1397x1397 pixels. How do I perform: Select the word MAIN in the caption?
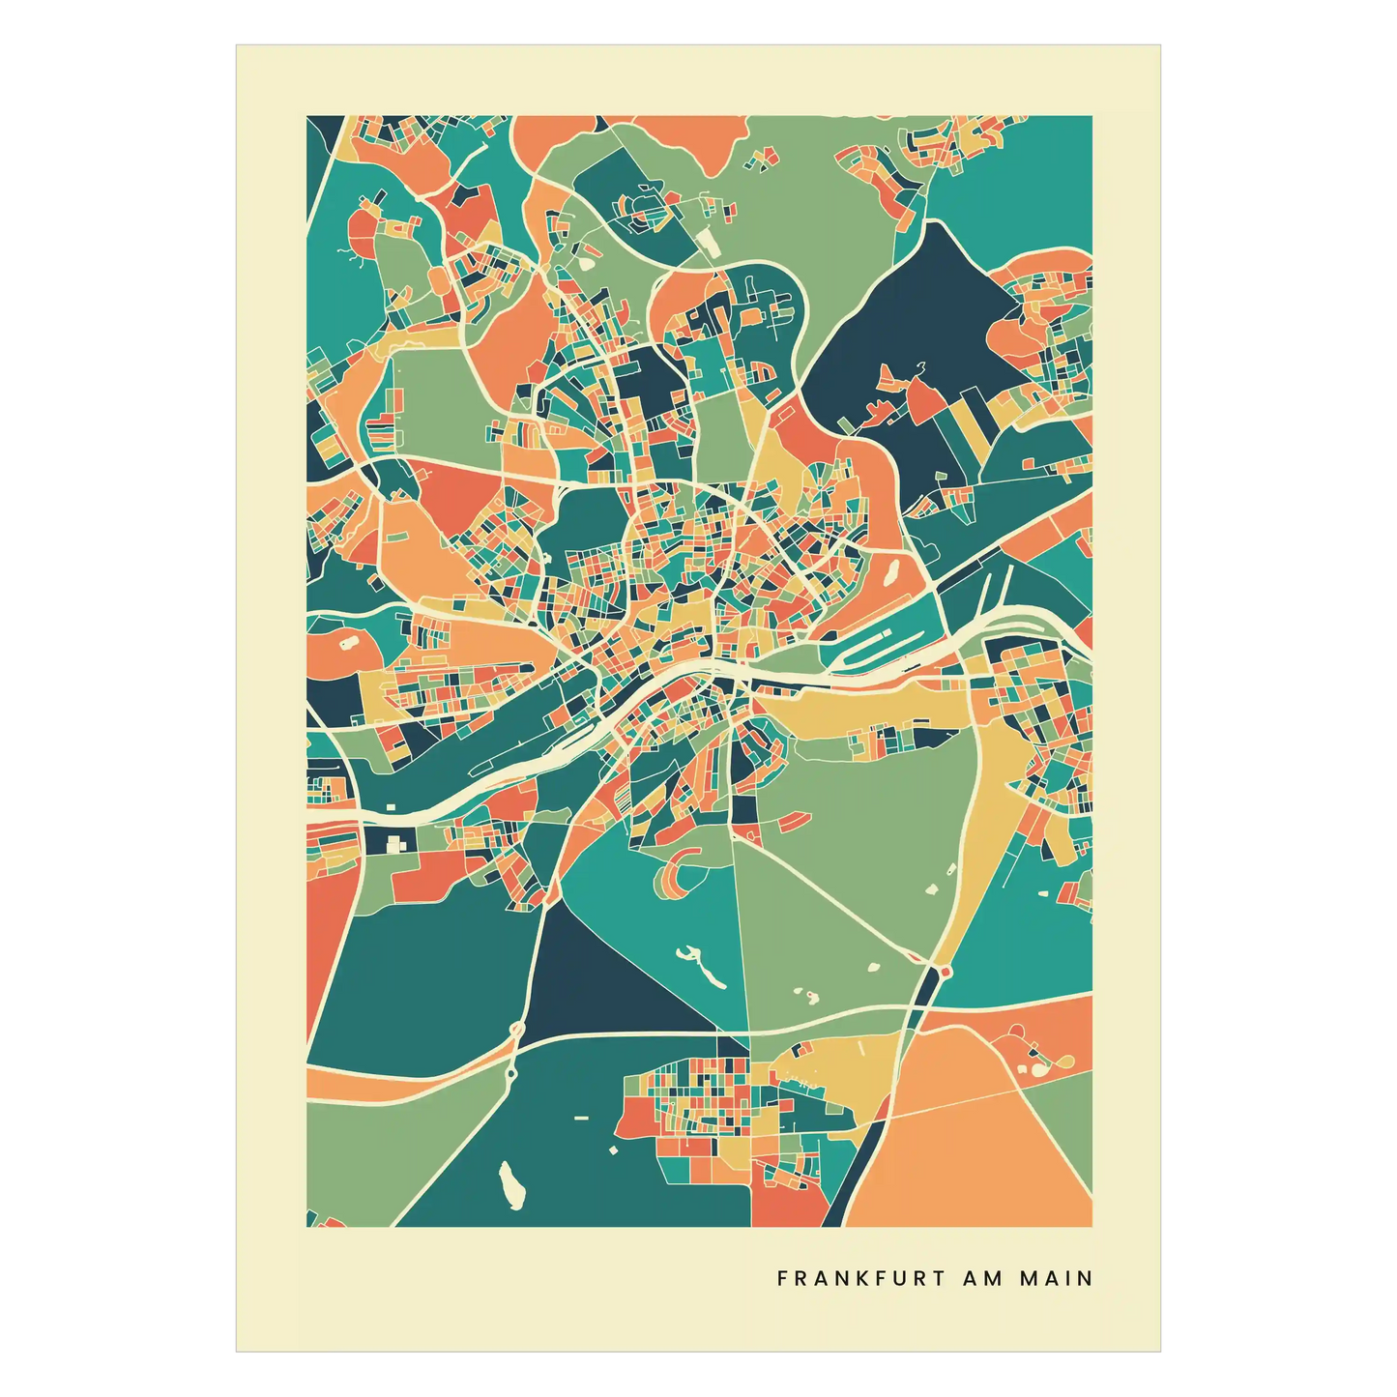point(1057,1278)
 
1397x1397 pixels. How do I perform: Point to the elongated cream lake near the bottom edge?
point(510,1184)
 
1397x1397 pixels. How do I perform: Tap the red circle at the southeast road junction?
point(945,970)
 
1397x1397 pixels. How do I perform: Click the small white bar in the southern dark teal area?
point(580,1118)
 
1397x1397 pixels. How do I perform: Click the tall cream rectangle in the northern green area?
point(709,243)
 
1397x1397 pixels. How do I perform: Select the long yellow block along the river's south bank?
point(870,711)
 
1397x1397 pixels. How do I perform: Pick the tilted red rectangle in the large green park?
point(793,822)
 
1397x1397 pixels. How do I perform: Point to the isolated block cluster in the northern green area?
point(765,160)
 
